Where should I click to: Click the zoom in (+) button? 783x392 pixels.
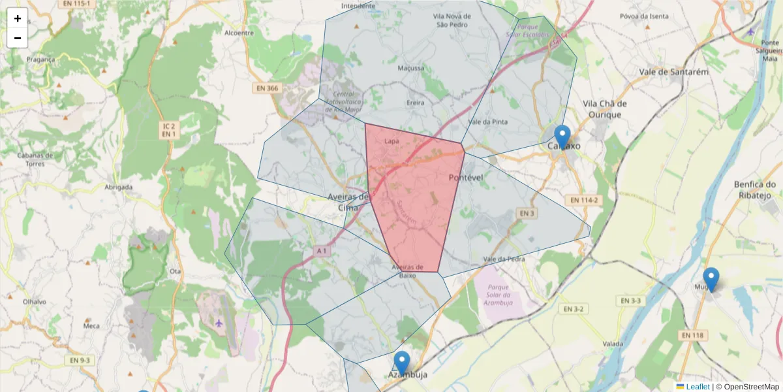pyautogui.click(x=18, y=18)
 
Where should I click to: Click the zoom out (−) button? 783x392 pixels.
pyautogui.click(x=18, y=38)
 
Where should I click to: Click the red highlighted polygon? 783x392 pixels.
pyautogui.click(x=414, y=196)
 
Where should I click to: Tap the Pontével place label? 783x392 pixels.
pyautogui.click(x=465, y=178)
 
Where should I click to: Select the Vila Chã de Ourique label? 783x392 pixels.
pyautogui.click(x=605, y=109)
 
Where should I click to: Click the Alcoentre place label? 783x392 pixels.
pyautogui.click(x=239, y=33)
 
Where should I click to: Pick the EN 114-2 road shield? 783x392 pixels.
pyautogui.click(x=583, y=200)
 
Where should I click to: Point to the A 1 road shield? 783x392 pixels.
pyautogui.click(x=322, y=251)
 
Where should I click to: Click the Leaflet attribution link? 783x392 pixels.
pyautogui.click(x=697, y=387)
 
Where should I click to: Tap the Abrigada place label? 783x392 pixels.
pyautogui.click(x=118, y=187)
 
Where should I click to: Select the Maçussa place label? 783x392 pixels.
pyautogui.click(x=411, y=68)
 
